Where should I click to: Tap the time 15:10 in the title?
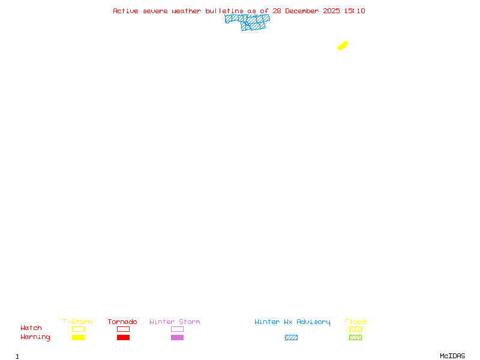(x=354, y=11)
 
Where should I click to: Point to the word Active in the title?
(x=126, y=11)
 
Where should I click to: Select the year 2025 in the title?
(x=332, y=11)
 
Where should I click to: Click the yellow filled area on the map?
(x=343, y=46)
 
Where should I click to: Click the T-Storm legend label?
(x=77, y=322)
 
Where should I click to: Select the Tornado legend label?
(x=122, y=322)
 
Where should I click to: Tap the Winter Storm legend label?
(x=175, y=322)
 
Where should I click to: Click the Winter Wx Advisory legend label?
(x=292, y=322)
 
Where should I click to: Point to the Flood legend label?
(x=355, y=322)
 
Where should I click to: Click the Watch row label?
(x=31, y=328)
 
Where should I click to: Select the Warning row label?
(x=35, y=337)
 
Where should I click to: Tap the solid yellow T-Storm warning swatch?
(x=78, y=338)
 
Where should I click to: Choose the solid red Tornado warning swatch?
(x=123, y=338)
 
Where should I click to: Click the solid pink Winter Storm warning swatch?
(x=177, y=338)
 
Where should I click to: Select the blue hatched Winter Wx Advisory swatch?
(x=291, y=338)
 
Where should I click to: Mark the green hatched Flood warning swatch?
(x=355, y=338)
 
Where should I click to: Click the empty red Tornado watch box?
(x=123, y=329)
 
